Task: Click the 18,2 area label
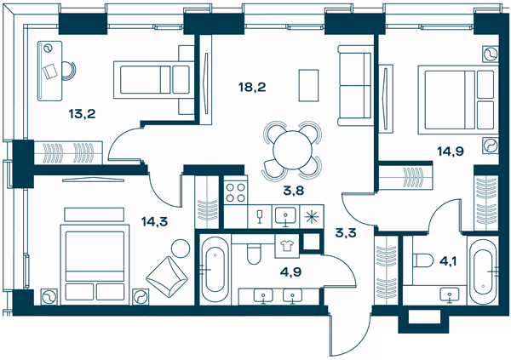point(252,88)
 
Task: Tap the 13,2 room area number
point(82,114)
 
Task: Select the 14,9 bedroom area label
point(451,151)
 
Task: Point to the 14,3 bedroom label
point(154,222)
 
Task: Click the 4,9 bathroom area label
point(290,271)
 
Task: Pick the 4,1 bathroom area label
point(448,261)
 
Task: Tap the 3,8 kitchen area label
point(294,191)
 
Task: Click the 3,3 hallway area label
point(346,233)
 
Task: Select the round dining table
point(293,150)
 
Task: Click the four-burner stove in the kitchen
point(236,192)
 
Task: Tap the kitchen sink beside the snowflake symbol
point(285,216)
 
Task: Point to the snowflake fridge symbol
point(312,217)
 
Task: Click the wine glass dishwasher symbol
point(260,217)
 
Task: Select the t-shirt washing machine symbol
point(287,246)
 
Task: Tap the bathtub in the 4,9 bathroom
point(215,270)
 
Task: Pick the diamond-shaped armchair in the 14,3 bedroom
point(167,277)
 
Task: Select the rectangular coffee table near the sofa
point(308,85)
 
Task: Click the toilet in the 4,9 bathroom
point(254,254)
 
